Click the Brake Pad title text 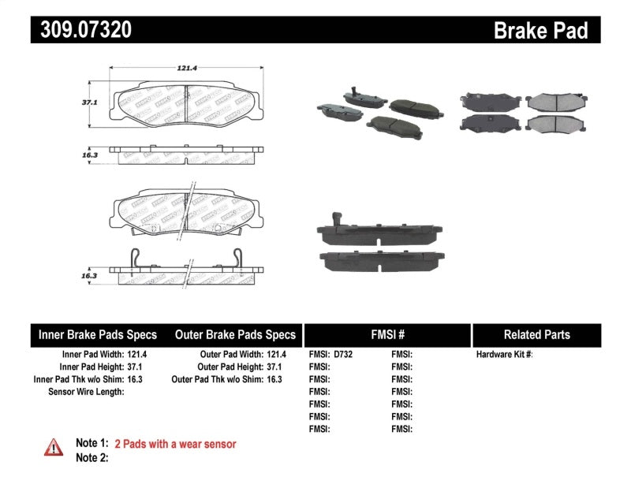pos(540,30)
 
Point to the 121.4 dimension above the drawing pos(185,69)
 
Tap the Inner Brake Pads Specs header pos(98,334)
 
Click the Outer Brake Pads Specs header pos(234,334)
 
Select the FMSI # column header pos(386,334)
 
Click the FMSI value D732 pos(343,355)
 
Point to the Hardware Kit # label pos(504,355)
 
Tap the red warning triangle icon pos(54,447)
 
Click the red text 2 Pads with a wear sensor pos(175,445)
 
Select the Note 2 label pos(91,457)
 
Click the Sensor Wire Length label pos(86,391)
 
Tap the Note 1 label pos(91,445)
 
